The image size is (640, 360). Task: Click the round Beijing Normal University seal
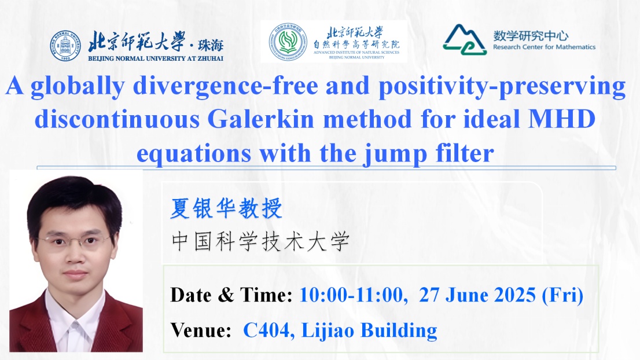[65, 46]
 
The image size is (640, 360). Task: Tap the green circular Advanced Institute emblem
[288, 42]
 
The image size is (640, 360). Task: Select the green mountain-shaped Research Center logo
[465, 39]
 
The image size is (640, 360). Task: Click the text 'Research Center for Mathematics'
[544, 47]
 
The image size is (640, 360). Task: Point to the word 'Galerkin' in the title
[260, 119]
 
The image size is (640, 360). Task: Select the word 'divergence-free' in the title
[226, 87]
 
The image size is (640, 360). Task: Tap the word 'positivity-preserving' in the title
[502, 87]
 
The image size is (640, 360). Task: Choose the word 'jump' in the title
[395, 155]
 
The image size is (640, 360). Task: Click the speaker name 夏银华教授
[226, 208]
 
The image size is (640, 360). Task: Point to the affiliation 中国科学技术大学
[260, 241]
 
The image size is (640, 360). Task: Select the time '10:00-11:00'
[354, 295]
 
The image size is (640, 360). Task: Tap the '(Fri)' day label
[562, 295]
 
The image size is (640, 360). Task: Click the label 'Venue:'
[201, 330]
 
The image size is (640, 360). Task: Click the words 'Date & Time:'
[231, 295]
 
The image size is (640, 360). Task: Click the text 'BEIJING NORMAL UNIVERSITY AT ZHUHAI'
[156, 58]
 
